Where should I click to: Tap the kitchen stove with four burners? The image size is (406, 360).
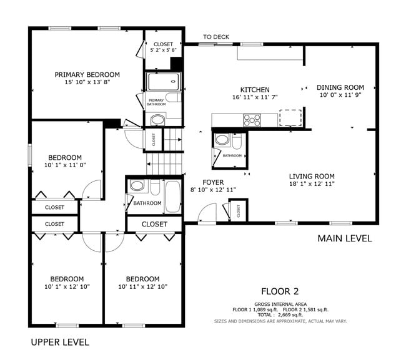[252, 119]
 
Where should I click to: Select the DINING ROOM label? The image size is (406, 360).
[340, 87]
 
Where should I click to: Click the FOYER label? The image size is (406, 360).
[213, 182]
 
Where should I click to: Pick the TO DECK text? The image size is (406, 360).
[216, 37]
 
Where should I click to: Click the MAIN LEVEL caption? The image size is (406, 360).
[344, 238]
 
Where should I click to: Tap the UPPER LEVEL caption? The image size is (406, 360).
[60, 342]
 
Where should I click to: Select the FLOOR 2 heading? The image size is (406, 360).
[280, 291]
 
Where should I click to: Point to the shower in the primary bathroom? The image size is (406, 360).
[163, 82]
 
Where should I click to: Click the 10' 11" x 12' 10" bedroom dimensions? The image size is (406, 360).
[142, 286]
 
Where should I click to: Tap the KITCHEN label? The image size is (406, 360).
[255, 90]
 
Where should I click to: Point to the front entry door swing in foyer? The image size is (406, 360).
[204, 216]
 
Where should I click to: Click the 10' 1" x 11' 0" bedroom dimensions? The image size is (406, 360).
[66, 165]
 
